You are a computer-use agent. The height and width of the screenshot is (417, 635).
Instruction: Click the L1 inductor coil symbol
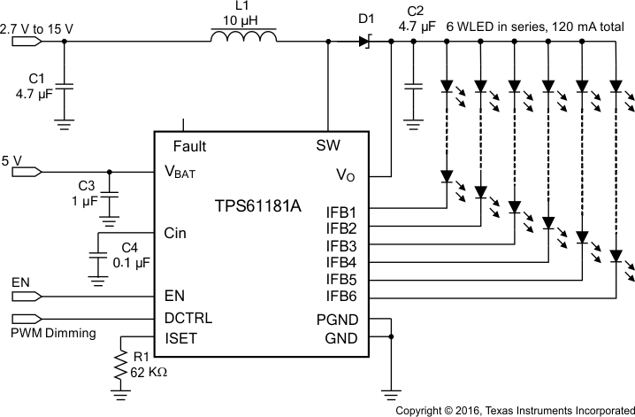243,38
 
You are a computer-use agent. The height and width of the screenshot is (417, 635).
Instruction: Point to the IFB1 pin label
341,212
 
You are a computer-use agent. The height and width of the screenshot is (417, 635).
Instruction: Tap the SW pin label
329,145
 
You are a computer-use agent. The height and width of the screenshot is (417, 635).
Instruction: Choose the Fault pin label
191,145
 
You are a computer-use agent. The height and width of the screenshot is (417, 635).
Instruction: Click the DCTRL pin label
187,317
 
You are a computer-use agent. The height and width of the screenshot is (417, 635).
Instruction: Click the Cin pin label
176,233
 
